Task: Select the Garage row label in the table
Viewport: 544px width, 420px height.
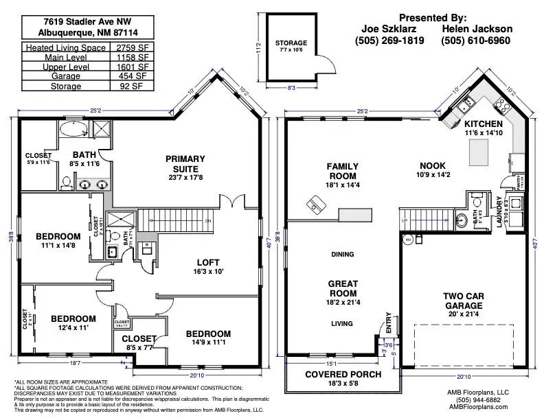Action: (65, 77)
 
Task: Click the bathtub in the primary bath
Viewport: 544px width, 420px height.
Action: (71, 129)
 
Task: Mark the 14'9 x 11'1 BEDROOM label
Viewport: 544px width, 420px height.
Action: (208, 338)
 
